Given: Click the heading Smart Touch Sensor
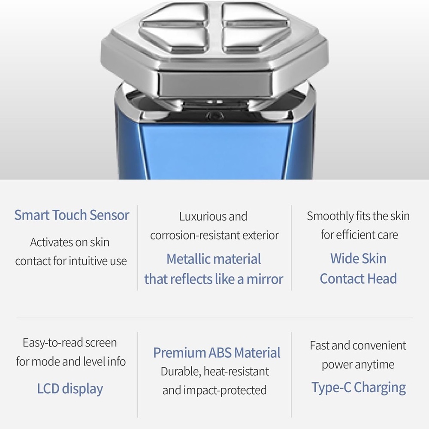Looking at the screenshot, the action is coord(72,215).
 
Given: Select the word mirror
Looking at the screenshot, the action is coord(265,279).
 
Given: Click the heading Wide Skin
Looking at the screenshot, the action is coord(358,259).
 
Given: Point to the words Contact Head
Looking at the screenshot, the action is coord(358,279).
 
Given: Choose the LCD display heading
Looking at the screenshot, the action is coord(70,389).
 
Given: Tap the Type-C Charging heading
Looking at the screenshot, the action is coord(359,388).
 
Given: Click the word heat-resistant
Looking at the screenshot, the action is coord(236,372).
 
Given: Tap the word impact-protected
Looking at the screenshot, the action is coord(225,390).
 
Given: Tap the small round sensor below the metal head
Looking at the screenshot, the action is coord(214,116).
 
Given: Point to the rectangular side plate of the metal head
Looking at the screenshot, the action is coord(215,84).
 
